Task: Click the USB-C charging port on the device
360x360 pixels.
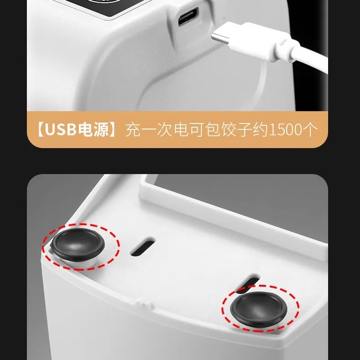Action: (188, 17)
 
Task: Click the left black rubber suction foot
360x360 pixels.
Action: (77, 244)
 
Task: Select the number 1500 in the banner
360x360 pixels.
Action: (285, 130)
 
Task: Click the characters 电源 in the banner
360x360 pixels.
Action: (93, 130)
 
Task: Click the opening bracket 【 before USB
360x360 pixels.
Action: (41, 130)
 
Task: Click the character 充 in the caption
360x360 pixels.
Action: (133, 130)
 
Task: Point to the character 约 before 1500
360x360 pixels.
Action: (260, 130)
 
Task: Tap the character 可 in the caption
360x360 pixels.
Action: (197, 130)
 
